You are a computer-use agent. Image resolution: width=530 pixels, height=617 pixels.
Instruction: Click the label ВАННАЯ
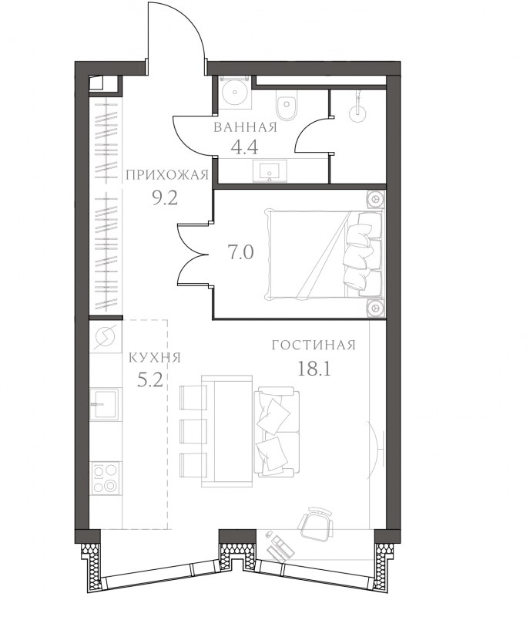pyautogui.click(x=245, y=127)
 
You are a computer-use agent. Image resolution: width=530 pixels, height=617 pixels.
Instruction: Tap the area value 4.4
pyautogui.click(x=244, y=147)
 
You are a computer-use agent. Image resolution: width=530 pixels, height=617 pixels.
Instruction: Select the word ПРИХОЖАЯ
pyautogui.click(x=166, y=175)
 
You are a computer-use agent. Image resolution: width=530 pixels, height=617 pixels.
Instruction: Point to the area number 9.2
pyautogui.click(x=165, y=198)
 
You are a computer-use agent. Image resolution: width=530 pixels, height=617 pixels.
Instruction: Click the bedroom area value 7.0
pyautogui.click(x=240, y=252)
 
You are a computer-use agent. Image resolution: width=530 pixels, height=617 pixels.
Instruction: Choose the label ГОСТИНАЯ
pyautogui.click(x=314, y=345)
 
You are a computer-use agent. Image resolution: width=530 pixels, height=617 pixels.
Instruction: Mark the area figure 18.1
pyautogui.click(x=314, y=369)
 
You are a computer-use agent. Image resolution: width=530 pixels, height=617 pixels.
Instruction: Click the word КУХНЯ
pyautogui.click(x=155, y=358)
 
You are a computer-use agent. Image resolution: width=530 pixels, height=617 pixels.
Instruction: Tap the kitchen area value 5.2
pyautogui.click(x=149, y=379)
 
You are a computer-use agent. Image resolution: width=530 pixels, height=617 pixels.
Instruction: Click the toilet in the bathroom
pyautogui.click(x=287, y=105)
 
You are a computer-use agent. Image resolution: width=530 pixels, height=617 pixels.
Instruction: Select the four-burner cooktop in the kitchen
pyautogui.click(x=106, y=478)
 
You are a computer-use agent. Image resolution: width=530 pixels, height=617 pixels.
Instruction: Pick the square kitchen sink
pyautogui.click(x=104, y=403)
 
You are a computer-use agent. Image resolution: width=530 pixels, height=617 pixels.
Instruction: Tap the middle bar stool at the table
pyautogui.click(x=193, y=432)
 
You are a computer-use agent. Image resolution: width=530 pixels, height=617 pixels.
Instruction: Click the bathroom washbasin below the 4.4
pyautogui.click(x=270, y=170)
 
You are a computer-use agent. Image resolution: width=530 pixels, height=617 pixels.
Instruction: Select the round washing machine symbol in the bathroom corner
pyautogui.click(x=235, y=92)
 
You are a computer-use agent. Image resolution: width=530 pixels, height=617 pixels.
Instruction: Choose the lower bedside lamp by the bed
pyautogui.click(x=376, y=307)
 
